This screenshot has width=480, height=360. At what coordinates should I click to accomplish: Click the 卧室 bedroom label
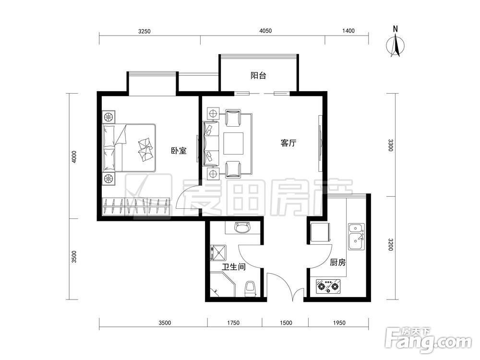pos(179,151)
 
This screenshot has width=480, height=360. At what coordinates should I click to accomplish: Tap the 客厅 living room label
pos(288,143)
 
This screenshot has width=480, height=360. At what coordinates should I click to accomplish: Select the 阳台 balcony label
pos(258,75)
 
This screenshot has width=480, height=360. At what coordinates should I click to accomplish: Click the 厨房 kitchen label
pos(338,263)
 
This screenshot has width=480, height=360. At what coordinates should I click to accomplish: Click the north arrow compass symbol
pos(396,45)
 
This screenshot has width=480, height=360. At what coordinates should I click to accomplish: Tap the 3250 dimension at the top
pos(144,31)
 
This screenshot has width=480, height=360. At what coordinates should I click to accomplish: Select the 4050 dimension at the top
pos(265,31)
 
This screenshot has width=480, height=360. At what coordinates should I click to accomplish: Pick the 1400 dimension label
pos(348,31)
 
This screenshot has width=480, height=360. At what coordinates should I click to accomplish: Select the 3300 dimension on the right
pos(391,145)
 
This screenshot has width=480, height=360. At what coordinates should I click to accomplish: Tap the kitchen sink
pos(356,237)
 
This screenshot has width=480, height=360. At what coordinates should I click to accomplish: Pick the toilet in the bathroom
pos(250,288)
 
